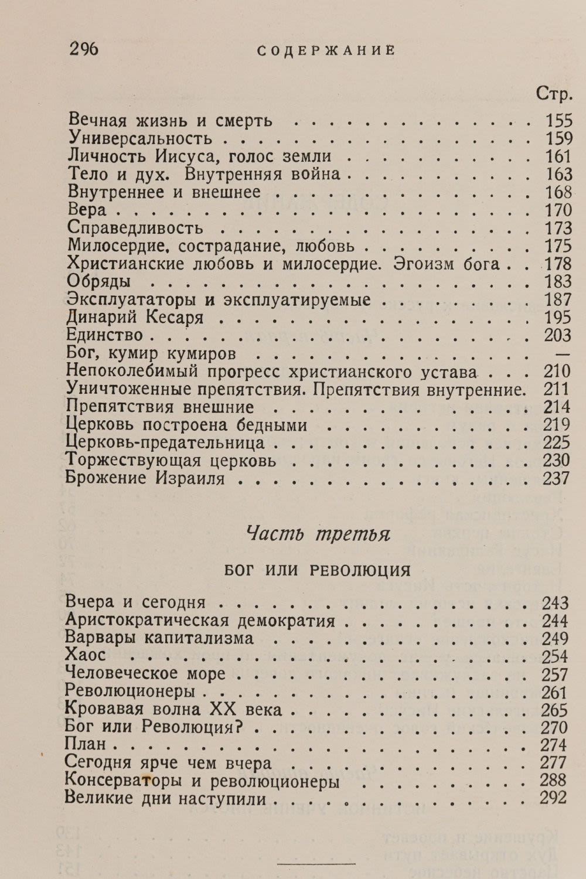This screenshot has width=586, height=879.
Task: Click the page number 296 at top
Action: tap(84, 50)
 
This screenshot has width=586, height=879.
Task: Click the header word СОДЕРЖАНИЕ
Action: tap(326, 51)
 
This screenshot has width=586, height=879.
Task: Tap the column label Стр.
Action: tap(554, 94)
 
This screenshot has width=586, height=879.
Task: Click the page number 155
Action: tap(558, 121)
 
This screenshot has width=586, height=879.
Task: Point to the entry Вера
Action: tap(87, 210)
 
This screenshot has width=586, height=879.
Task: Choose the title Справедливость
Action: tap(135, 227)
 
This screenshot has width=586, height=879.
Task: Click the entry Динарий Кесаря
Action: tap(135, 318)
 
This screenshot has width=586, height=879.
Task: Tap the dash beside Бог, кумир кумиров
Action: tap(561, 354)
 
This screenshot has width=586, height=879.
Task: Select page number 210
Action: tap(557, 372)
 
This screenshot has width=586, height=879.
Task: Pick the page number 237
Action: tap(556, 478)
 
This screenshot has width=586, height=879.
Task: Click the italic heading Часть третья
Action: tap(318, 534)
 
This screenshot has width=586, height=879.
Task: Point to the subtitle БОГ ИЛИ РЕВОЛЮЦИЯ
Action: tap(317, 570)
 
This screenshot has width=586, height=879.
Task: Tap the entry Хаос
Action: tap(86, 656)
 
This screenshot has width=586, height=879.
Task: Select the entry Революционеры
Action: tap(130, 692)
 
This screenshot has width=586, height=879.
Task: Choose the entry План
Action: tap(86, 745)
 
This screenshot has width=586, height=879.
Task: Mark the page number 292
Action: tap(554, 798)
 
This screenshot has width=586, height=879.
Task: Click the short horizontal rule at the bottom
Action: tap(316, 863)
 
